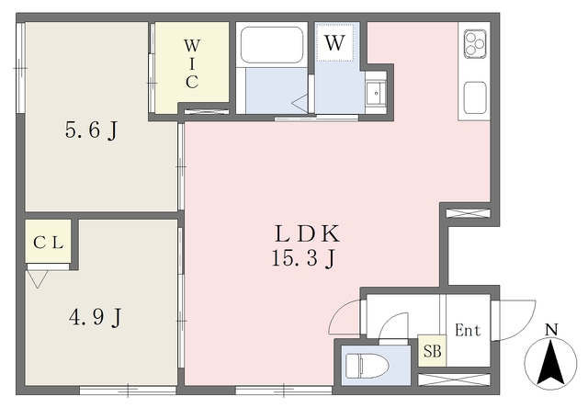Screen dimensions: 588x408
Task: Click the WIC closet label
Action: point(192,63)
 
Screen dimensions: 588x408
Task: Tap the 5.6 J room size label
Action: point(92,130)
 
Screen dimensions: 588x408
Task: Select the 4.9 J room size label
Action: point(96,317)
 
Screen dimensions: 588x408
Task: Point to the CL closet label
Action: point(48,243)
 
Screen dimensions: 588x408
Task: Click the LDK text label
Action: point(307,233)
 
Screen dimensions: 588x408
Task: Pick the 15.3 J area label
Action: point(303,259)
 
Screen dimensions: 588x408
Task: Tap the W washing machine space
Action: point(334,42)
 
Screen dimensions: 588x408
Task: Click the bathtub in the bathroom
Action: point(272,45)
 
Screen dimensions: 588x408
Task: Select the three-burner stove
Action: point(475,44)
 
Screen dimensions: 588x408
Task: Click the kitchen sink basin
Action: point(475,98)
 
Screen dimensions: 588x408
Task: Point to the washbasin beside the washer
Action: point(376,94)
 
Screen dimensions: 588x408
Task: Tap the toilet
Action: point(367,366)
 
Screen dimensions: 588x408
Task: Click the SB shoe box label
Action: point(433,351)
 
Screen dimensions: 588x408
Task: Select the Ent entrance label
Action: point(468,331)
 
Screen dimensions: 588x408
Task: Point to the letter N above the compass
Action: point(551,330)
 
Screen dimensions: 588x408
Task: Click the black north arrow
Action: point(550,361)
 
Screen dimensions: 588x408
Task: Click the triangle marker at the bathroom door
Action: point(300,103)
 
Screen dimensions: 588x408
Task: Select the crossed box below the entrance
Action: point(454,380)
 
